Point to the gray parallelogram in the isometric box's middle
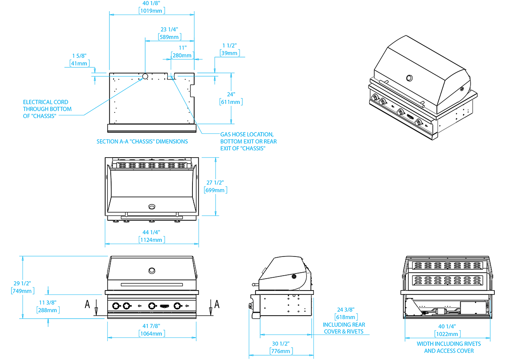point(431,109)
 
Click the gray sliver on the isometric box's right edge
point(471,107)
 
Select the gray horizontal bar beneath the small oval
point(151,213)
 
